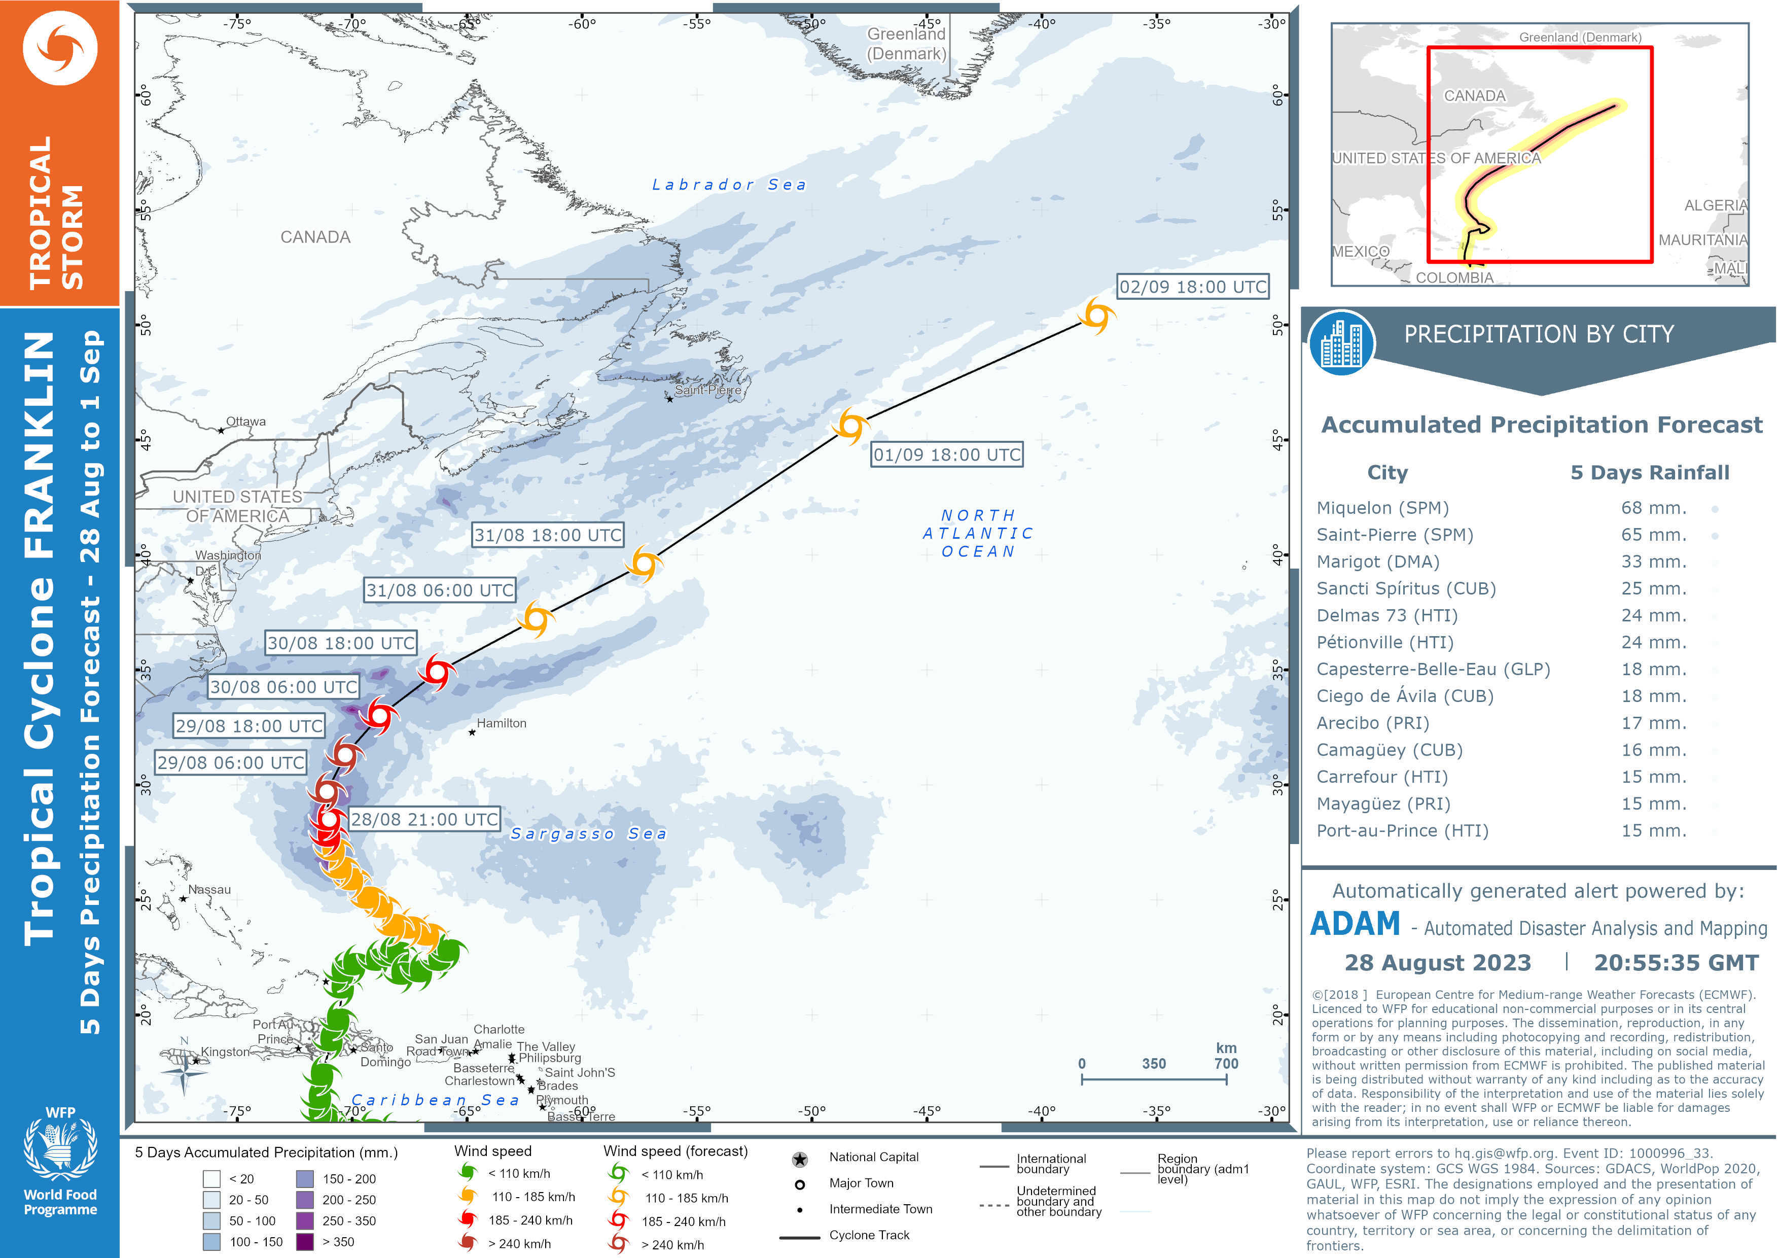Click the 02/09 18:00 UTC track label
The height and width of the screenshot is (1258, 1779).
click(x=1192, y=287)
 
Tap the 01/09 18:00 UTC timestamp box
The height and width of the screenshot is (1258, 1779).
click(x=947, y=455)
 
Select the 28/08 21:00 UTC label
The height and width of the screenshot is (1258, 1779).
click(x=424, y=819)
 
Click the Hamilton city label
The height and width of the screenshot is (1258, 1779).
click(x=502, y=723)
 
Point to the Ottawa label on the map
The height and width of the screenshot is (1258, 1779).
click(x=245, y=422)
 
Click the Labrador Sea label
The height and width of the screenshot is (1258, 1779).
click(x=728, y=185)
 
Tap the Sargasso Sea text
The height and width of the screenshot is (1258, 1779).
click(x=588, y=833)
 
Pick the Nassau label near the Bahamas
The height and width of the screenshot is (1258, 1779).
click(x=209, y=890)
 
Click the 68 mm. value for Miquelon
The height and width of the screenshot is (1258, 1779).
click(x=1653, y=508)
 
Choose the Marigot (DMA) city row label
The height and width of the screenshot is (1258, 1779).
click(x=1378, y=562)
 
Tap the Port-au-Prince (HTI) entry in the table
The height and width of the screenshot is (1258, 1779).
click(x=1402, y=831)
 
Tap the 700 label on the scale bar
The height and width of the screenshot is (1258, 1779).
click(x=1226, y=1063)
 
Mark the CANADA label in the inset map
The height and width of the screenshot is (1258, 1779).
click(x=1475, y=96)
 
